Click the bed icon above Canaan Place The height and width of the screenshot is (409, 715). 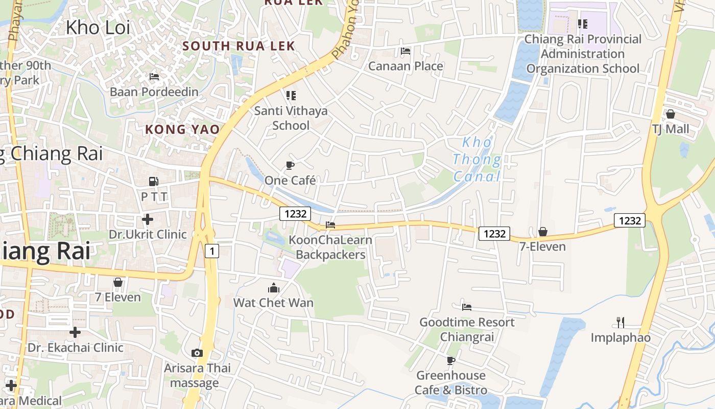(406, 51)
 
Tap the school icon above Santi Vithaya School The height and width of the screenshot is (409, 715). (291, 95)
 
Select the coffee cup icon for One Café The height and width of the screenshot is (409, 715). (290, 165)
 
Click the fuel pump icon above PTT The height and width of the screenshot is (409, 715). (153, 181)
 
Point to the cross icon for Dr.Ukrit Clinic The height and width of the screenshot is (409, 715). (148, 219)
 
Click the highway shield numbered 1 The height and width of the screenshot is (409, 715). (212, 251)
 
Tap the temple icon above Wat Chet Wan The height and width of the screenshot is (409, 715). (274, 288)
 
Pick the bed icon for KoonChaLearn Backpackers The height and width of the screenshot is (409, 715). (330, 225)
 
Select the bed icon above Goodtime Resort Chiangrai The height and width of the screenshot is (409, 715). (467, 307)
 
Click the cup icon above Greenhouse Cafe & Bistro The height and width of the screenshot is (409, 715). (451, 360)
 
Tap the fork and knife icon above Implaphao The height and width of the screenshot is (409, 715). (621, 323)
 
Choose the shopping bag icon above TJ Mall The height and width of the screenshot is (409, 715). (671, 114)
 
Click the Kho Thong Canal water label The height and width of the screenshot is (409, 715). (477, 160)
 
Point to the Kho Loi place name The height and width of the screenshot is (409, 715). (98, 28)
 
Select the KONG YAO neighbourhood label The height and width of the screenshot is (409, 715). (182, 129)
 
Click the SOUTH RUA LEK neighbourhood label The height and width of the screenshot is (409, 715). (239, 46)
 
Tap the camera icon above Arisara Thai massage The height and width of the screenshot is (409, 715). (197, 353)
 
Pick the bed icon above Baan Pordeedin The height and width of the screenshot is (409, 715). (154, 77)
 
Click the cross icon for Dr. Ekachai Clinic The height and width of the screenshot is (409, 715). (75, 332)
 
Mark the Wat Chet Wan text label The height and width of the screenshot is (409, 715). (274, 303)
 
